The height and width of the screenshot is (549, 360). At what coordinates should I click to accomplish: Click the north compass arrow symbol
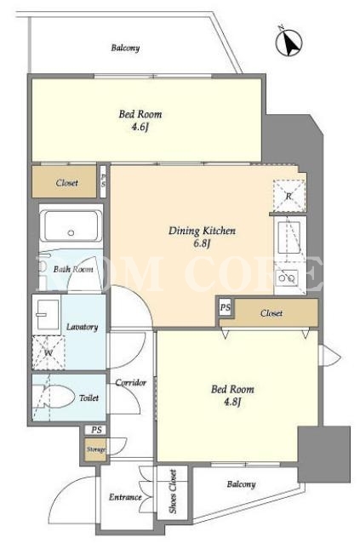[x=289, y=43]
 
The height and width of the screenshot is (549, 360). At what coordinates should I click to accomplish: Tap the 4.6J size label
[x=140, y=127]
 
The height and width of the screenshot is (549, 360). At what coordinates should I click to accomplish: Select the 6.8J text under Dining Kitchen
[x=202, y=243]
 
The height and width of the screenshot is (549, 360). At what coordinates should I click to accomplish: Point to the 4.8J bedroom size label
[x=232, y=402]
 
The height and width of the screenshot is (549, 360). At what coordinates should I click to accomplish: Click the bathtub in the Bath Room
[x=71, y=226]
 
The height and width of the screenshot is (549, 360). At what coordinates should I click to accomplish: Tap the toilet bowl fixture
[x=57, y=397]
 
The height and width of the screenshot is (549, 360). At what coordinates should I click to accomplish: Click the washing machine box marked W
[x=49, y=352]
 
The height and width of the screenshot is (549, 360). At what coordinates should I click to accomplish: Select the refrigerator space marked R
[x=289, y=196]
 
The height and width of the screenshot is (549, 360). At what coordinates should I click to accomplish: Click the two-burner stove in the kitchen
[x=287, y=278]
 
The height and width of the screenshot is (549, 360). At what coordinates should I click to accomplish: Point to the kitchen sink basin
[x=289, y=237]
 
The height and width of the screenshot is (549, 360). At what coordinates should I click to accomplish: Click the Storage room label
[x=96, y=449]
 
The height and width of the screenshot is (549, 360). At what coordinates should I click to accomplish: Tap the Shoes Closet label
[x=173, y=492]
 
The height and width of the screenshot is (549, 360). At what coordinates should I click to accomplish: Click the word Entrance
[x=125, y=497]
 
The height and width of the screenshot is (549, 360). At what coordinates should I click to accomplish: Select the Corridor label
[x=130, y=383]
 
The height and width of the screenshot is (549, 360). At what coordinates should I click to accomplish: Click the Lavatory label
[x=82, y=327]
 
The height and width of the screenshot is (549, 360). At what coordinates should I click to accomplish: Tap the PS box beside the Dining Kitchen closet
[x=226, y=307]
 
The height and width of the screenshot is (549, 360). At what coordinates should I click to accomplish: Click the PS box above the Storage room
[x=96, y=430]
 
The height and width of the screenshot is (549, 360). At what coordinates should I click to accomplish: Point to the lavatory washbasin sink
[x=48, y=314]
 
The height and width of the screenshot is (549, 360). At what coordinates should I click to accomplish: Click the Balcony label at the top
[x=125, y=48]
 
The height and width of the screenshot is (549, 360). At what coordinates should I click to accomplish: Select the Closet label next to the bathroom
[x=66, y=183]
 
